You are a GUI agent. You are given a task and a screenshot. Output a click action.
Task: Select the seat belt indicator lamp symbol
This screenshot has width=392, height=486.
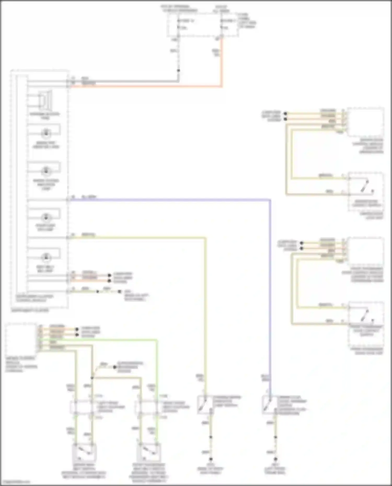click(46, 257)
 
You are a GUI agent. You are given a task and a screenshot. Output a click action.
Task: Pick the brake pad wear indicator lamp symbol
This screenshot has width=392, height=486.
click(46, 133)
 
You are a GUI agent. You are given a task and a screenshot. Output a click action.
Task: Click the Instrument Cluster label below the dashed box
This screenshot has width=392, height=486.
click(30, 311)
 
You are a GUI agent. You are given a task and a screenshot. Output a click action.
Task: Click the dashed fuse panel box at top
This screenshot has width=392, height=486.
click(203, 25)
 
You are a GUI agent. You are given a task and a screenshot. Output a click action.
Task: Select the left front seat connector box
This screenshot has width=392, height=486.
click(83, 407)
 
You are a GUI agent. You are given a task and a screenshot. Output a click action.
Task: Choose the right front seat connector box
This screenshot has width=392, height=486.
click(148, 407)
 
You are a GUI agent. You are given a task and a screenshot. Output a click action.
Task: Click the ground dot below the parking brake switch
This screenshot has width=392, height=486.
click(211, 459)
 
